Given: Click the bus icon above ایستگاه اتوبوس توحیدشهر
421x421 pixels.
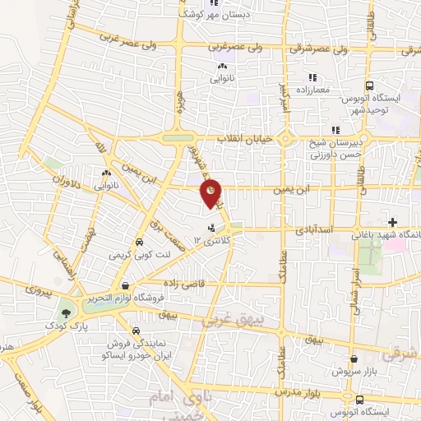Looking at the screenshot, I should point(369,86).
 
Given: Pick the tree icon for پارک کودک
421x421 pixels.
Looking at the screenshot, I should point(65,313).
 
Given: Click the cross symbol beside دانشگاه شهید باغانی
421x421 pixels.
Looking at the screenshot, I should point(393,222).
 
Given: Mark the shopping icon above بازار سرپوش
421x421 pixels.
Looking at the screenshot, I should point(354,359).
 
